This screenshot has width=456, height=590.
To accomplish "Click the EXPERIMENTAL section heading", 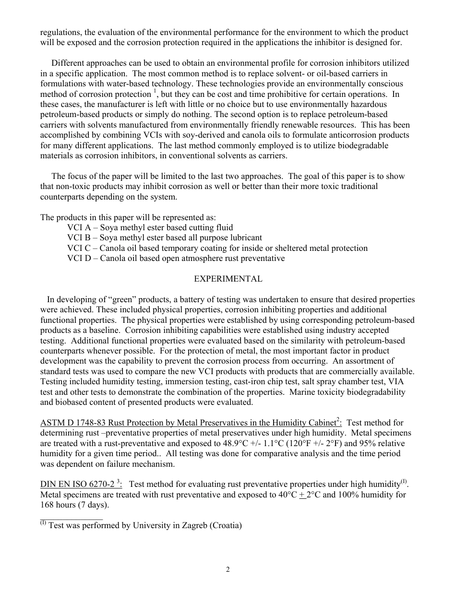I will (x=228, y=279).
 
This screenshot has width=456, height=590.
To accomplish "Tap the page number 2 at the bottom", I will (x=228, y=570).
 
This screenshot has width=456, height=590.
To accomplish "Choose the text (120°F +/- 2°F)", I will (x=309, y=443).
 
